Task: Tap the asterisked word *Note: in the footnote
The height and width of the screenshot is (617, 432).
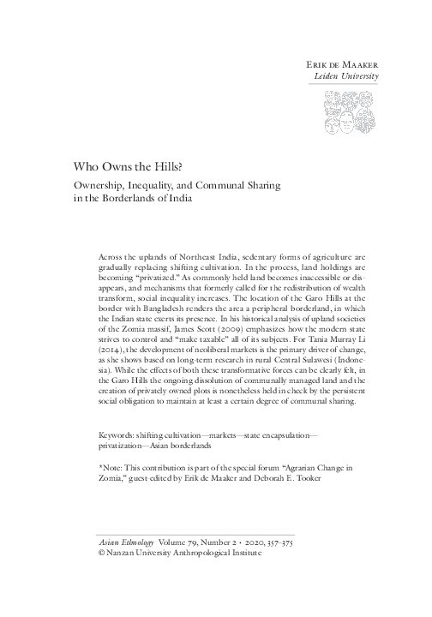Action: coord(115,470)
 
